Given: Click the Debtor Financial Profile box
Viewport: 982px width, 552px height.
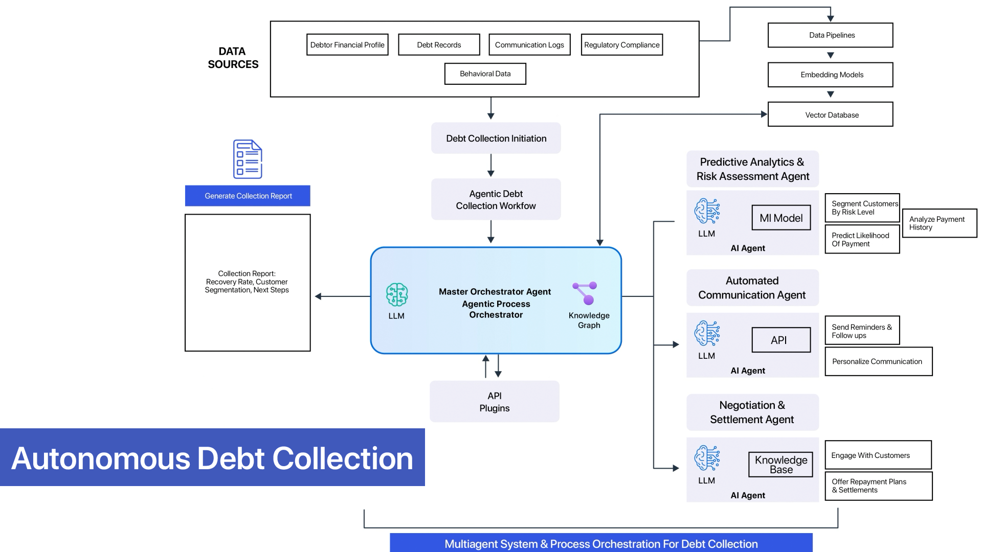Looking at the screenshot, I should (x=347, y=45).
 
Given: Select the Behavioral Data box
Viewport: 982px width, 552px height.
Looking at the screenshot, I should (x=485, y=74).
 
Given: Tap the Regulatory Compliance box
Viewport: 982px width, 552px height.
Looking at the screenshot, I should (x=621, y=45).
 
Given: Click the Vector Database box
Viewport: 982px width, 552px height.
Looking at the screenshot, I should (x=830, y=114).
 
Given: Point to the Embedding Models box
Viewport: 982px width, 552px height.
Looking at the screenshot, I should (x=830, y=75).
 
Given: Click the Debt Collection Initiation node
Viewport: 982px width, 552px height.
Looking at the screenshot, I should (x=496, y=139).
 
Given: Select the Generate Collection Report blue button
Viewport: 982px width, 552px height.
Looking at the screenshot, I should (x=248, y=196).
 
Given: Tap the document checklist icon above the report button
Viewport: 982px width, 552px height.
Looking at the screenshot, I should (x=248, y=159).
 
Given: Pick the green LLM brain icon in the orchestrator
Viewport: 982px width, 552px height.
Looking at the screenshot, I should (x=397, y=294).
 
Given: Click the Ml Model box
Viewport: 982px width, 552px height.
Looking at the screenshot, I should (x=781, y=218).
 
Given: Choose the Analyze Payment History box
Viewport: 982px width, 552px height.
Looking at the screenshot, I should (x=939, y=223).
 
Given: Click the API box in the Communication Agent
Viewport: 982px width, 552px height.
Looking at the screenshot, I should (x=781, y=340).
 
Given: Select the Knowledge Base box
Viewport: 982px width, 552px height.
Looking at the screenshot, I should (x=780, y=465).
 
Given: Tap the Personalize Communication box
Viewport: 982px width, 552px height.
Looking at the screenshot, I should (x=878, y=361).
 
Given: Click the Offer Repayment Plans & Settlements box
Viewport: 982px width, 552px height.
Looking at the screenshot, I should (x=878, y=486).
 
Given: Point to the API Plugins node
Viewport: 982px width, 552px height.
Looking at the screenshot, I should (x=494, y=402).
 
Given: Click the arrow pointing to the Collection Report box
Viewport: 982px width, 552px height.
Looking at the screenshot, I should (x=320, y=296).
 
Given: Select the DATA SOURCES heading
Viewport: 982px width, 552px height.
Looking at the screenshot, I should (x=233, y=58).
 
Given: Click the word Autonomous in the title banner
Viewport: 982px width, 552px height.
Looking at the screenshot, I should (x=101, y=458).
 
